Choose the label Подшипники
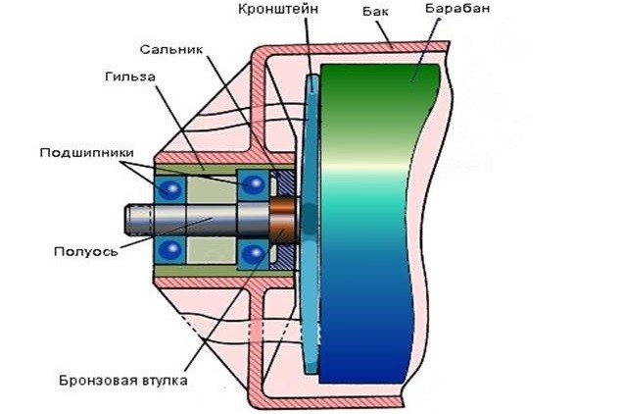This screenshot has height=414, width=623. (82, 153)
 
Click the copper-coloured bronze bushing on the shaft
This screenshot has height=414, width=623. (285, 218)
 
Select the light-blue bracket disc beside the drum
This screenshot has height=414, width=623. (311, 221)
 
